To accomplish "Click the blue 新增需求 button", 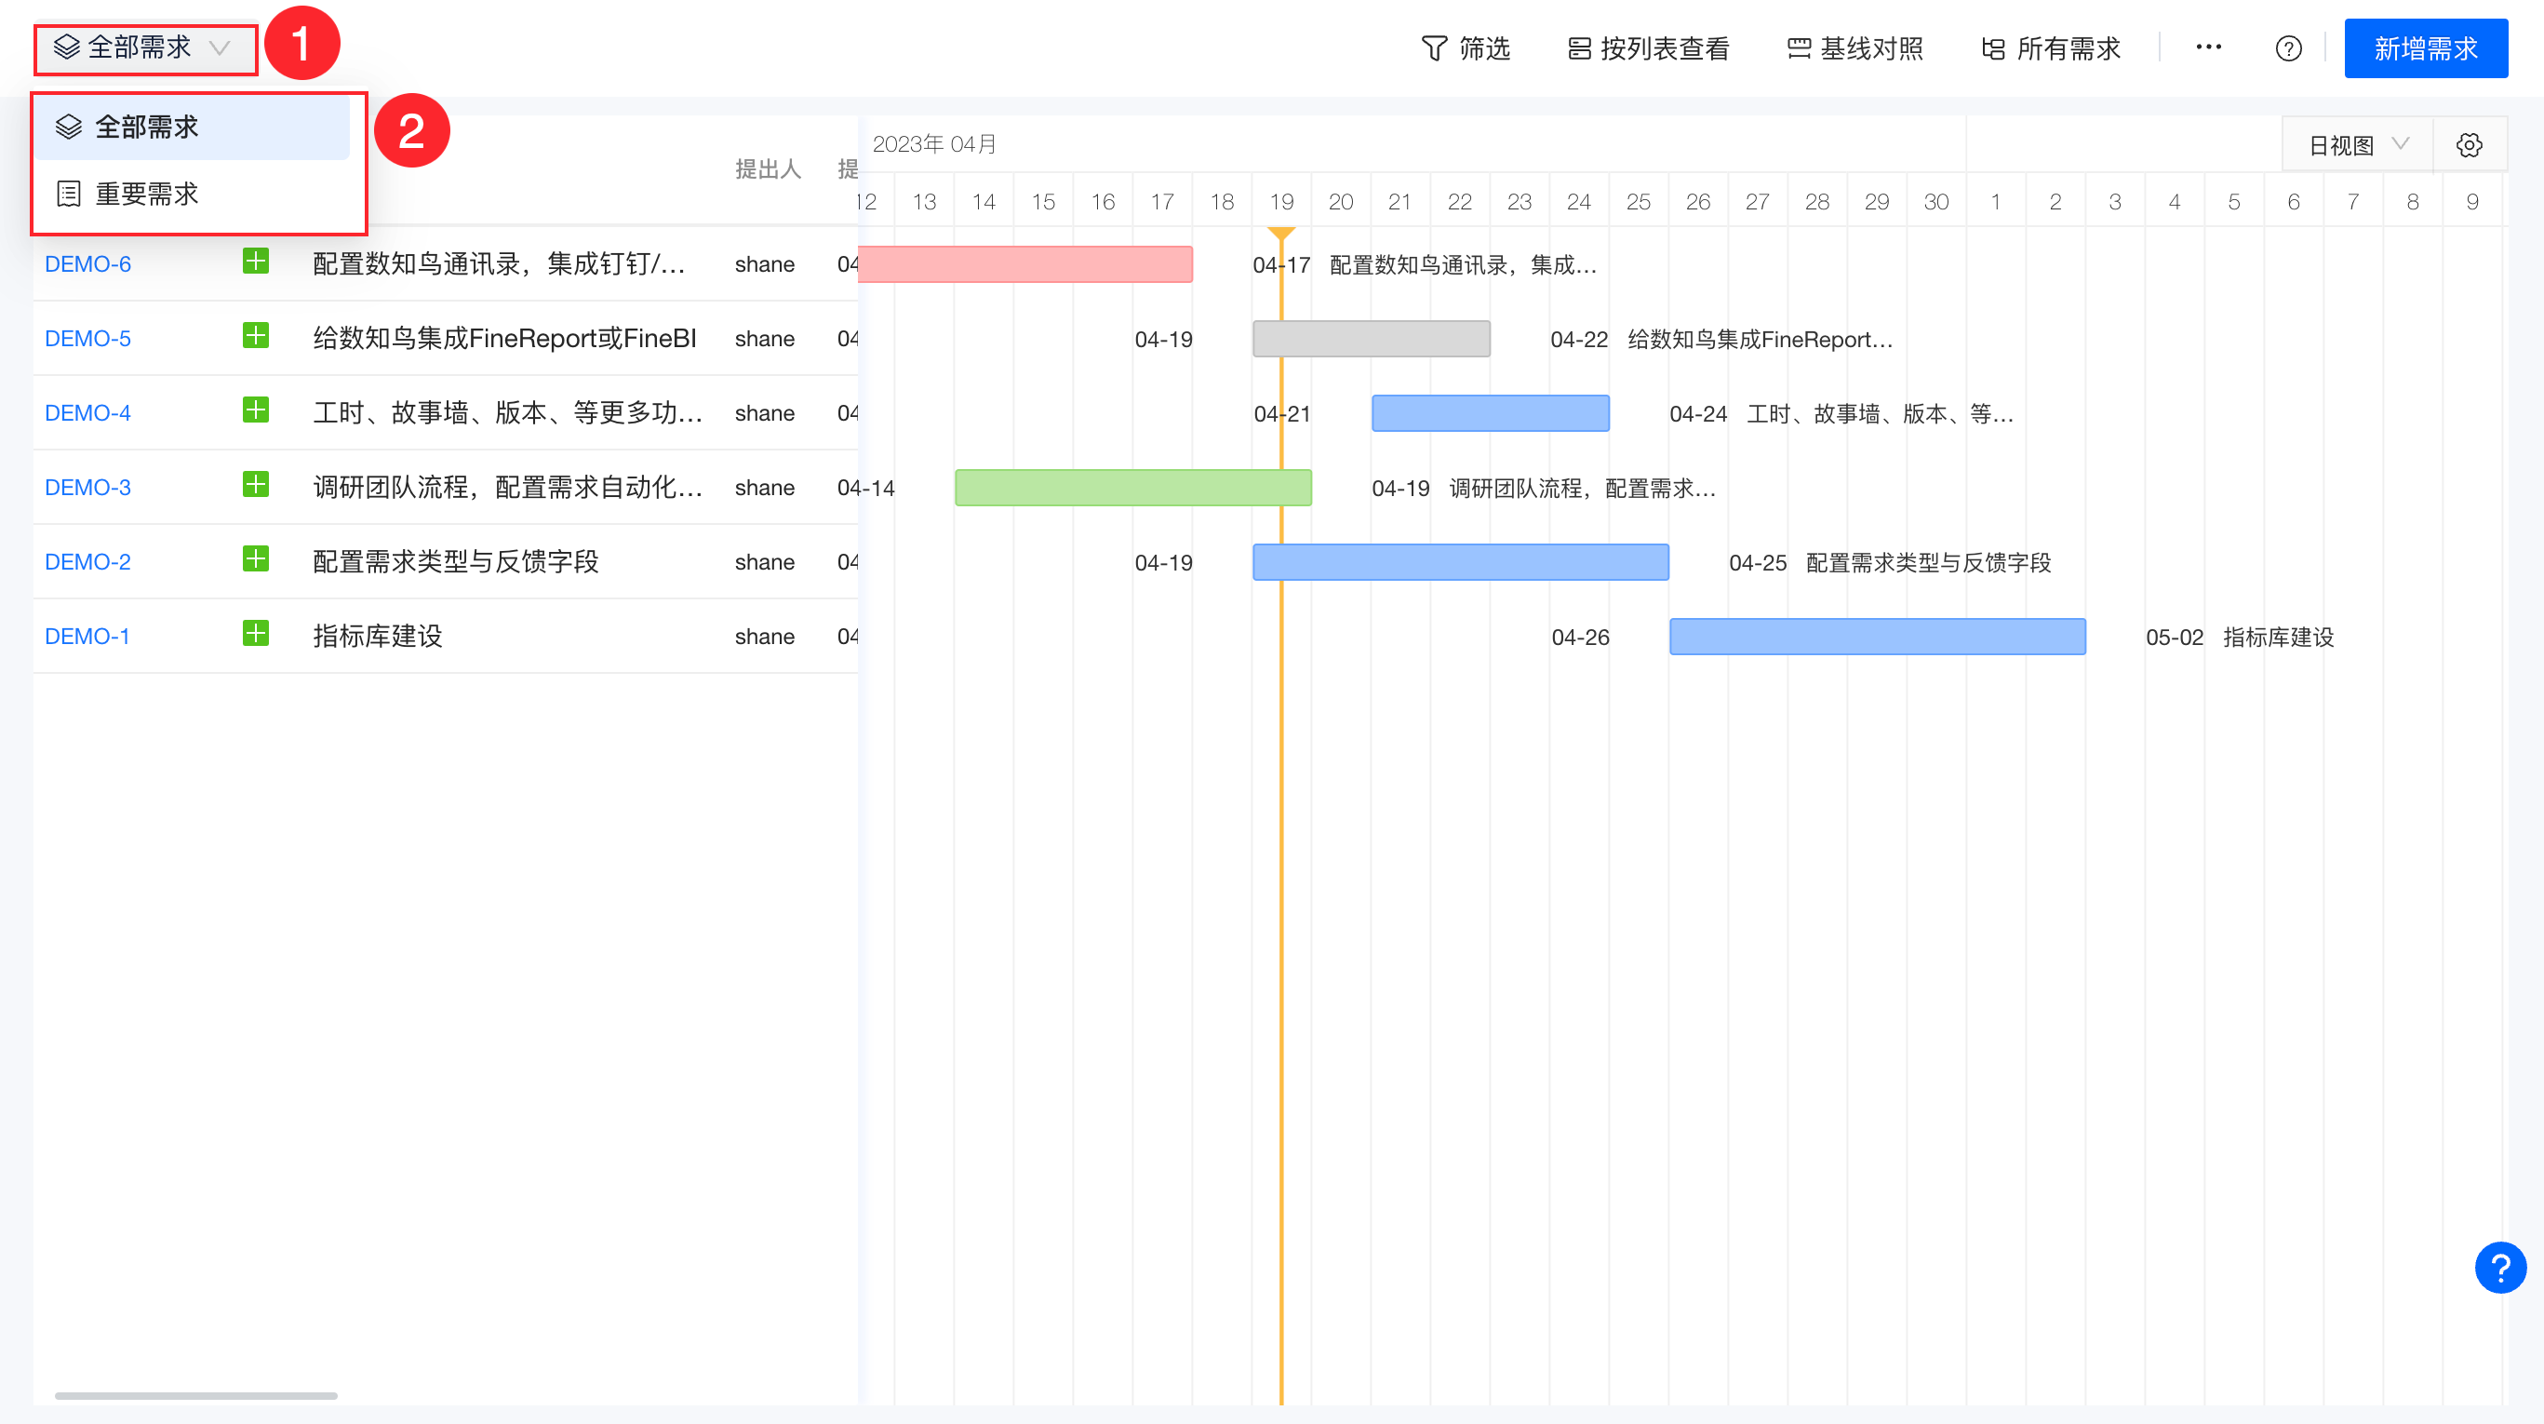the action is [x=2426, y=48].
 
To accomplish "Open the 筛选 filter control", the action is [x=1466, y=48].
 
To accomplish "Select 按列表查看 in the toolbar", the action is [x=1648, y=48].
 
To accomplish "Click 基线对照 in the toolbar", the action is [x=1854, y=48].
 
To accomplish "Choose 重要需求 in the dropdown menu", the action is [x=146, y=194].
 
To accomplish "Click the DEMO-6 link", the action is [x=87, y=263].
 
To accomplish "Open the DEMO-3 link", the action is [x=87, y=487].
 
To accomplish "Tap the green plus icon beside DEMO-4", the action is [x=256, y=410].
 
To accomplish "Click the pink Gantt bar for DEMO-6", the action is [x=1025, y=263].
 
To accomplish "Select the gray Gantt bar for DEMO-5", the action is [x=1371, y=339].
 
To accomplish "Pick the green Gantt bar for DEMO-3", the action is [x=1132, y=488].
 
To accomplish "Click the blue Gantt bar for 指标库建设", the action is [x=1878, y=637].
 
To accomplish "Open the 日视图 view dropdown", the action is [x=2357, y=145].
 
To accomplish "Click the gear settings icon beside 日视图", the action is [x=2469, y=145].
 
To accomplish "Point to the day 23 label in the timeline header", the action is [x=1519, y=201].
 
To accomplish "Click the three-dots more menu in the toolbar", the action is [x=2208, y=47].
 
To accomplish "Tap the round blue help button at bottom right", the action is [x=2499, y=1267].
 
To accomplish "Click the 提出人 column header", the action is [x=768, y=168].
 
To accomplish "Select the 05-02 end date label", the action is [x=2174, y=637].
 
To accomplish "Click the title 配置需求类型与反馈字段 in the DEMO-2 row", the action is [x=455, y=562].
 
